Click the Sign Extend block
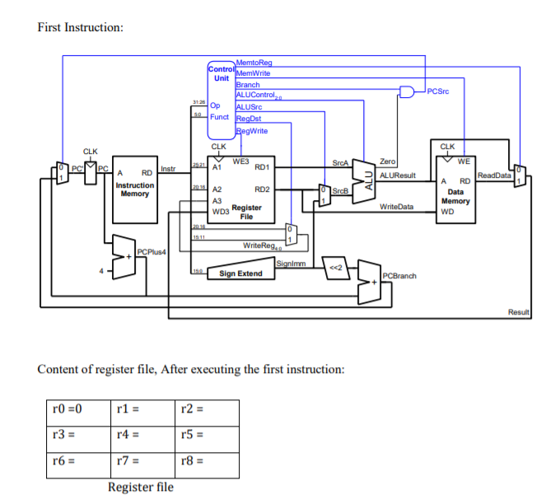239,273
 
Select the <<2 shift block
336,269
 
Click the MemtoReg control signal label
253,63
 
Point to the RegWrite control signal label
251,131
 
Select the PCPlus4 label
152,251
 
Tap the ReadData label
494,175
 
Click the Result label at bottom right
520,312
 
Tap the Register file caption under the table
141,488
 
